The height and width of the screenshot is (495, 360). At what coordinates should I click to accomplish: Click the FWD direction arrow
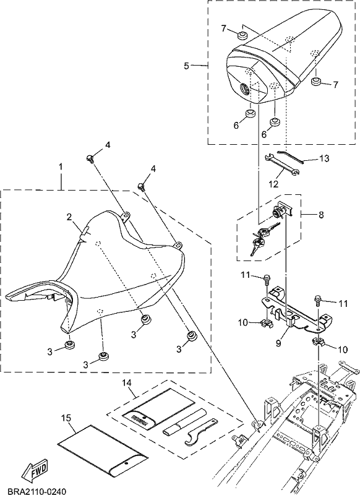coord(37,469)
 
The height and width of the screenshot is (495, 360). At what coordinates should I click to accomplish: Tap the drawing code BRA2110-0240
coord(36,491)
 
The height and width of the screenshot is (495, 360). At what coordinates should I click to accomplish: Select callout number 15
coord(67,418)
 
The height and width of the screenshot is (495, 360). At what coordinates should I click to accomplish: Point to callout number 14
coord(127,382)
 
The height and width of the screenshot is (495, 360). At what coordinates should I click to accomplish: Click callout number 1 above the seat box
coord(61,166)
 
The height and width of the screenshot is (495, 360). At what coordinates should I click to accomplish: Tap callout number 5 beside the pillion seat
coord(186,66)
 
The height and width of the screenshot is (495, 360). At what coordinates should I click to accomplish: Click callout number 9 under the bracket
coord(278,343)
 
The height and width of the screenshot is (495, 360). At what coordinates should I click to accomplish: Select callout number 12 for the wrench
coord(274,183)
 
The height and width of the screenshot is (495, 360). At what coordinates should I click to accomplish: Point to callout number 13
coord(324,158)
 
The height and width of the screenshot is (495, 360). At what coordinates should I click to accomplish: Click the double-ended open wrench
coord(281,164)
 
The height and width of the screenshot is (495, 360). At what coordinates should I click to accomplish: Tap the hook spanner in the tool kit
coord(200,432)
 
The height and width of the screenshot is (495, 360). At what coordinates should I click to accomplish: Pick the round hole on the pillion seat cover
coord(245,87)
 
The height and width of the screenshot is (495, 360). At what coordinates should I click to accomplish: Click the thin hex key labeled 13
coord(290,157)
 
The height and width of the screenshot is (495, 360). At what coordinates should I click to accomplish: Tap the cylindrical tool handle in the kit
coord(184,421)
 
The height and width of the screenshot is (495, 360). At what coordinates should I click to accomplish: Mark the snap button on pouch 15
coord(126,463)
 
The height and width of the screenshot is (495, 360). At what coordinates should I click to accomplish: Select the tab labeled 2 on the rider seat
coord(85,231)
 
